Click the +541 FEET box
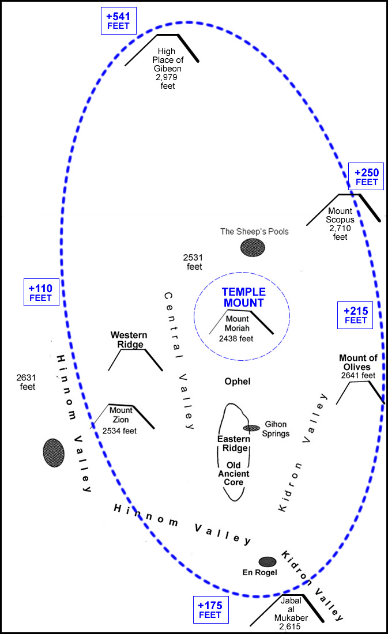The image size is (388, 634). [x=119, y=21]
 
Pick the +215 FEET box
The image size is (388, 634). [x=355, y=315]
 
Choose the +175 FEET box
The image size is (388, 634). [x=210, y=610]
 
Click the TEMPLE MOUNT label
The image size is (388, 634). [x=243, y=297]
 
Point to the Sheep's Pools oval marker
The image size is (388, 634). [x=253, y=247]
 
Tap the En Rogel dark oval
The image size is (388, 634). [x=268, y=561]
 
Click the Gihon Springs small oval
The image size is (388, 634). [x=251, y=428]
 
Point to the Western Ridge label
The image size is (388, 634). [x=129, y=339]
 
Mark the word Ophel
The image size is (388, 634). [x=238, y=382]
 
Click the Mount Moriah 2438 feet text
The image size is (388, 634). [x=236, y=329]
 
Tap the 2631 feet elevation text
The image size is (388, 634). [x=27, y=382]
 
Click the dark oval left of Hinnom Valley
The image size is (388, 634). [x=53, y=452]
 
